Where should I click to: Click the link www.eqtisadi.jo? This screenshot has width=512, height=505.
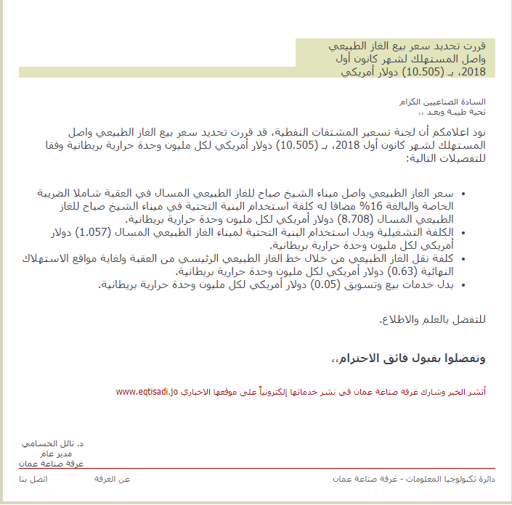coord(147,392)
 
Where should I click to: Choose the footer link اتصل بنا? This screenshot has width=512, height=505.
coord(33,480)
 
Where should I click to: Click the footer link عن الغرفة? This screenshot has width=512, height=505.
coord(113,480)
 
